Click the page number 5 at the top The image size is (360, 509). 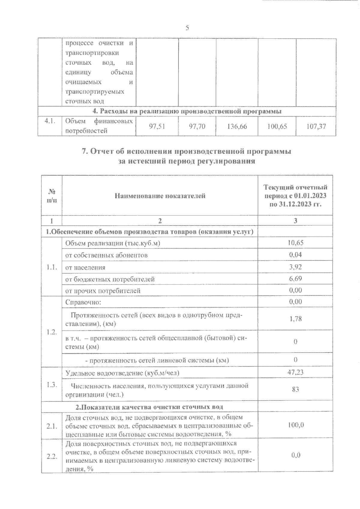(x=187, y=28)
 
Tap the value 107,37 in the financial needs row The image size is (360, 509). (x=316, y=127)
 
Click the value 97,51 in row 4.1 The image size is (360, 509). (x=157, y=127)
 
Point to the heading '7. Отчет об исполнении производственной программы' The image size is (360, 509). (x=187, y=151)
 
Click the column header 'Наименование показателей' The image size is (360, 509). (x=160, y=196)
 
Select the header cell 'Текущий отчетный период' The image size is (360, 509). (x=295, y=196)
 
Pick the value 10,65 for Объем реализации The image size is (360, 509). (x=295, y=243)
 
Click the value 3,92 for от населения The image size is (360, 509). (x=295, y=267)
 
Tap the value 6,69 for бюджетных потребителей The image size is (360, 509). (x=295, y=278)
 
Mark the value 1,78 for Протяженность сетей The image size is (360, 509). (x=295, y=319)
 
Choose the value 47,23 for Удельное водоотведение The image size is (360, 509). (x=295, y=372)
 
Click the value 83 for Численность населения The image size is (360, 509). (x=295, y=389)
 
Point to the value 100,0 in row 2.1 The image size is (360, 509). (x=295, y=425)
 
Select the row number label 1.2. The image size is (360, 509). (x=52, y=332)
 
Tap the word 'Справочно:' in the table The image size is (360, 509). (x=83, y=302)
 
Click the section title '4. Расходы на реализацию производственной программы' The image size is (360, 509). (x=187, y=111)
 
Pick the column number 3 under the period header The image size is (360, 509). (x=295, y=221)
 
